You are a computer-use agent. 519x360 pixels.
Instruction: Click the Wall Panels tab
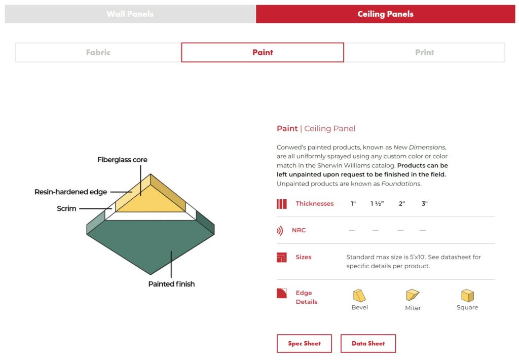click(x=130, y=14)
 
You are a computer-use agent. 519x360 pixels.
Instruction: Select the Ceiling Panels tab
click(x=385, y=14)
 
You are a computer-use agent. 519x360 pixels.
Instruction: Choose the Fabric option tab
click(x=98, y=52)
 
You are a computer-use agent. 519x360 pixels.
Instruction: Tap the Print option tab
click(x=424, y=52)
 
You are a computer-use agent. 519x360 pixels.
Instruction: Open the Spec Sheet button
click(x=304, y=343)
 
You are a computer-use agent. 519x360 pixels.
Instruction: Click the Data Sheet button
click(x=368, y=343)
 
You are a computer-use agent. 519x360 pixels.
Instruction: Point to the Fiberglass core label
click(x=122, y=160)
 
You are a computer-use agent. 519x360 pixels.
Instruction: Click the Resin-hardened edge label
click(x=70, y=192)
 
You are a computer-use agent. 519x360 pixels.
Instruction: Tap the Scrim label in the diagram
click(x=66, y=208)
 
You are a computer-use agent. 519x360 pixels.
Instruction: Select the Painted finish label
click(x=171, y=284)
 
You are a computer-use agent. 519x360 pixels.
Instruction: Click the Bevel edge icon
click(x=359, y=296)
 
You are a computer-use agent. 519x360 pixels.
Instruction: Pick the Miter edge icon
click(x=413, y=295)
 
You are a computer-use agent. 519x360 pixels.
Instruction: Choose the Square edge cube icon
click(x=467, y=296)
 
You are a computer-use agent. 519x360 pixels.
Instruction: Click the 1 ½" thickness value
click(x=377, y=204)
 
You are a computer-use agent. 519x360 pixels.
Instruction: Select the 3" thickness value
click(x=424, y=204)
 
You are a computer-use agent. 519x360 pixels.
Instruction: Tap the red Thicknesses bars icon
click(x=282, y=204)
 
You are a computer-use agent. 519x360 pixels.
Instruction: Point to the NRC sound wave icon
click(x=280, y=231)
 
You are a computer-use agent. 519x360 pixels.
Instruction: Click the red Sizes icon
click(x=282, y=258)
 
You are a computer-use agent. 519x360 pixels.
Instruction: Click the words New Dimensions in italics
click(x=419, y=147)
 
